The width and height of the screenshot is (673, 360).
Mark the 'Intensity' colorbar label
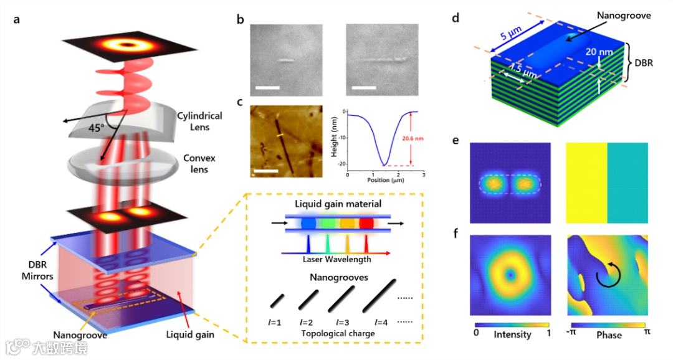click(x=512, y=334)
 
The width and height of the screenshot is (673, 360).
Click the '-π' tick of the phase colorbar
click(x=571, y=333)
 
